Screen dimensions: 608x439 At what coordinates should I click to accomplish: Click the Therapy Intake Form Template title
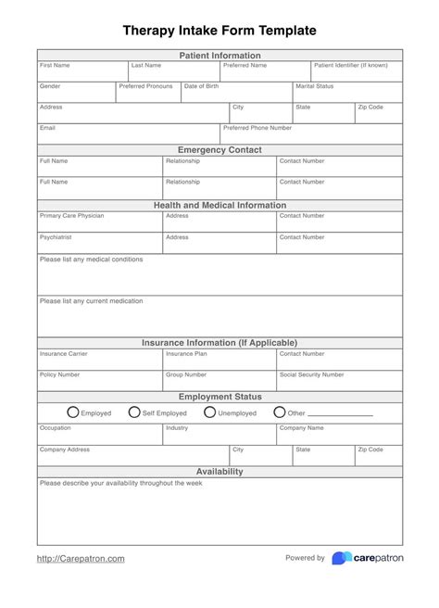219,31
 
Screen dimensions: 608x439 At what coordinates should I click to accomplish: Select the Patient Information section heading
219,56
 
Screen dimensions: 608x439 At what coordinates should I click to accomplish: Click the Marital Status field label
314,86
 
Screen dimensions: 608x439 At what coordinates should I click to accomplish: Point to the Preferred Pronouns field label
145,86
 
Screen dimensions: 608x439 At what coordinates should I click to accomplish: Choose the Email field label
47,128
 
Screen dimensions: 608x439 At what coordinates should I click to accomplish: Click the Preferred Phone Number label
257,128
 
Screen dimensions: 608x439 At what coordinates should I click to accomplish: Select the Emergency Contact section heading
219,150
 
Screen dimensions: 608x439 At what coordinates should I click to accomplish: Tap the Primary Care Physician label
71,216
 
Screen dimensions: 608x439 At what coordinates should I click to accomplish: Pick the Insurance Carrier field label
64,353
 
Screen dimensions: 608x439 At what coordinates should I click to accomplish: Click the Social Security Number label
311,374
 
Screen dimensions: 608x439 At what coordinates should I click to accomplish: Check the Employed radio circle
73,412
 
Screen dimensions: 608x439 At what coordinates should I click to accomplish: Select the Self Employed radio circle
134,412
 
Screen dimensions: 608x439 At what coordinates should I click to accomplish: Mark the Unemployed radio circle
209,412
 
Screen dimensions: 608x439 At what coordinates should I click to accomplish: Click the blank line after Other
340,415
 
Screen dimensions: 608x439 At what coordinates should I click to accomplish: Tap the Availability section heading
219,472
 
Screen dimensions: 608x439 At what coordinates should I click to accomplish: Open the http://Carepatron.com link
81,559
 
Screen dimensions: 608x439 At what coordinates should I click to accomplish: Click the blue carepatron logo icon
341,558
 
